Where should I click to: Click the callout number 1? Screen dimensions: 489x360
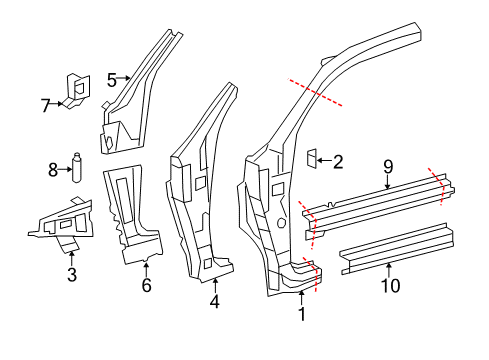point(302,314)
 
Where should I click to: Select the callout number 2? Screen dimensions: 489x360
point(338,162)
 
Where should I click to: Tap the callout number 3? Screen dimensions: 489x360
point(72,274)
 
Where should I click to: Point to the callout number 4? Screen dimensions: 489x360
point(215,301)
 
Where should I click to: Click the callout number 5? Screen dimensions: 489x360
point(112,80)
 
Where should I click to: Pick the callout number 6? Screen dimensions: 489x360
point(147,285)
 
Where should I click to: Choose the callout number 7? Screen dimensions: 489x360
point(46,106)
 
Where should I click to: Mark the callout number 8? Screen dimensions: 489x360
point(53,170)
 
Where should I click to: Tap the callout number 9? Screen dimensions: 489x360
point(388,167)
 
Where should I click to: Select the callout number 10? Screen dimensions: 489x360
point(390,286)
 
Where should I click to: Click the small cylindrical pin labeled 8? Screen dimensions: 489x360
point(77,168)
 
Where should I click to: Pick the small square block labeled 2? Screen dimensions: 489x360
point(312,158)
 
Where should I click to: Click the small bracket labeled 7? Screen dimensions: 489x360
point(76,91)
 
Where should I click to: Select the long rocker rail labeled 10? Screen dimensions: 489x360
point(397,249)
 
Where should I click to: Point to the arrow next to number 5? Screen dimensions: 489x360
point(124,78)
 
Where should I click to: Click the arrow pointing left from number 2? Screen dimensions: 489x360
point(324,161)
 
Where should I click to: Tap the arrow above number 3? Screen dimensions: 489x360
point(71,259)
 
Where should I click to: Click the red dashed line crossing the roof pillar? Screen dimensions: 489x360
point(315,92)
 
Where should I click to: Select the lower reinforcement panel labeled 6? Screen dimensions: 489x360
point(133,215)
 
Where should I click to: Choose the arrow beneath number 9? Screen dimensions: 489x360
point(388,182)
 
